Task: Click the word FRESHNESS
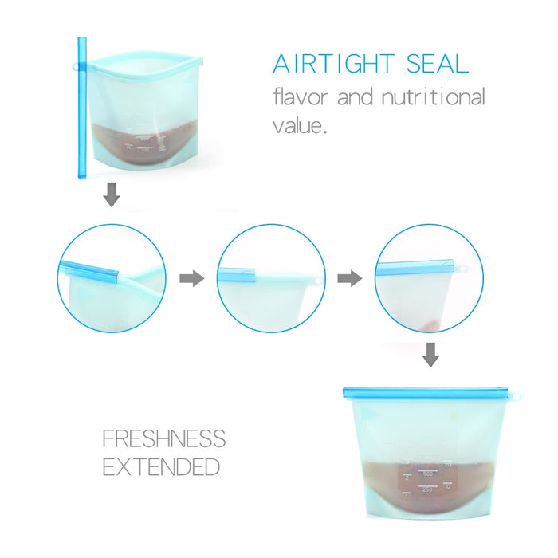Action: click(163, 439)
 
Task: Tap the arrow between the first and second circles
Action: click(191, 278)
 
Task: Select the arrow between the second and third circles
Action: click(348, 278)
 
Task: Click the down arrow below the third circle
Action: click(430, 355)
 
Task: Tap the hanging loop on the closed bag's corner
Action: click(517, 395)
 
